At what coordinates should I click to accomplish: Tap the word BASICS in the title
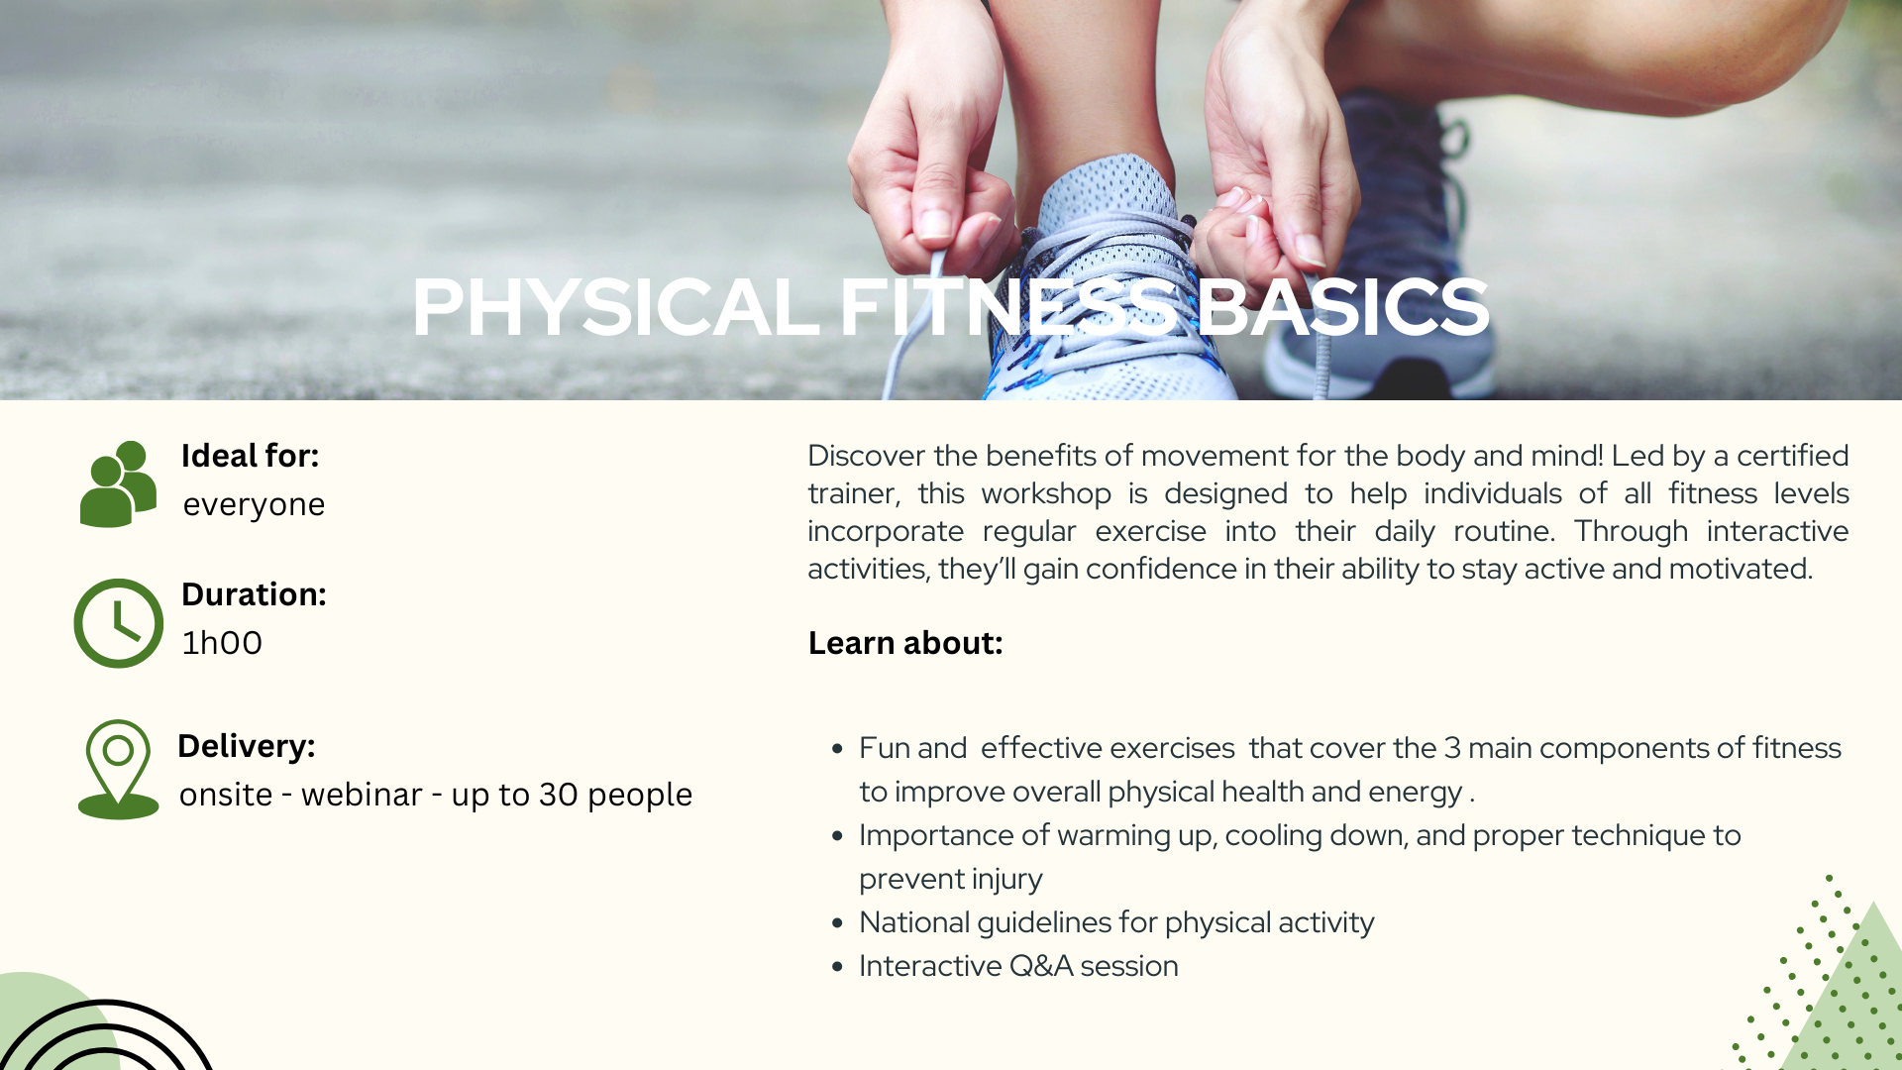1344,307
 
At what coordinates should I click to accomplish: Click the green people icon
118,483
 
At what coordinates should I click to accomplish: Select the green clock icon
119,623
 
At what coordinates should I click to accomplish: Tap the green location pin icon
118,769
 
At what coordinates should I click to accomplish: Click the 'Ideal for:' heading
250,456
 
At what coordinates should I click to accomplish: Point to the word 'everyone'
254,504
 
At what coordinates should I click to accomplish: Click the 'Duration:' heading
254,594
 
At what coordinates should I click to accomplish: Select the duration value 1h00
222,643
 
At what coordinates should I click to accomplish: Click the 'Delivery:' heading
247,746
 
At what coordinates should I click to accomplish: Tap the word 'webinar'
362,795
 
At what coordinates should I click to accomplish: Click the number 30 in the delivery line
559,795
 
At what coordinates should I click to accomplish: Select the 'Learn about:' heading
905,643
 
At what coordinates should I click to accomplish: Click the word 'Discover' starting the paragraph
867,456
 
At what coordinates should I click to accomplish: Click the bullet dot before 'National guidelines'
838,923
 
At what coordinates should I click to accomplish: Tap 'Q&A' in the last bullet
1040,966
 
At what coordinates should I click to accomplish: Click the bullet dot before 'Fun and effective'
838,749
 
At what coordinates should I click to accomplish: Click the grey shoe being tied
1105,287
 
